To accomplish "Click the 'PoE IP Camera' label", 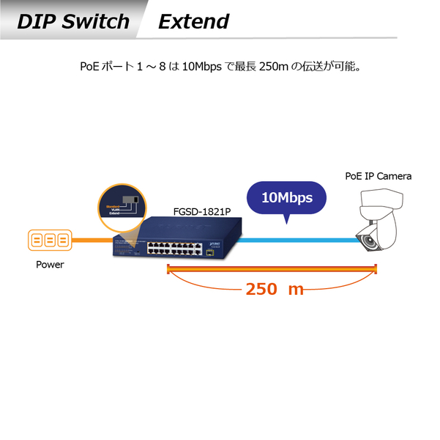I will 378,176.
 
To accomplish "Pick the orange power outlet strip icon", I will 50,240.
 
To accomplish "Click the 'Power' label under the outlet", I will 50,265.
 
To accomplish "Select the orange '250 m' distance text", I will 274,289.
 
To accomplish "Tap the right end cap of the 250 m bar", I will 376,271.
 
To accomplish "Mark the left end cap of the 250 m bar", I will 169,271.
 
